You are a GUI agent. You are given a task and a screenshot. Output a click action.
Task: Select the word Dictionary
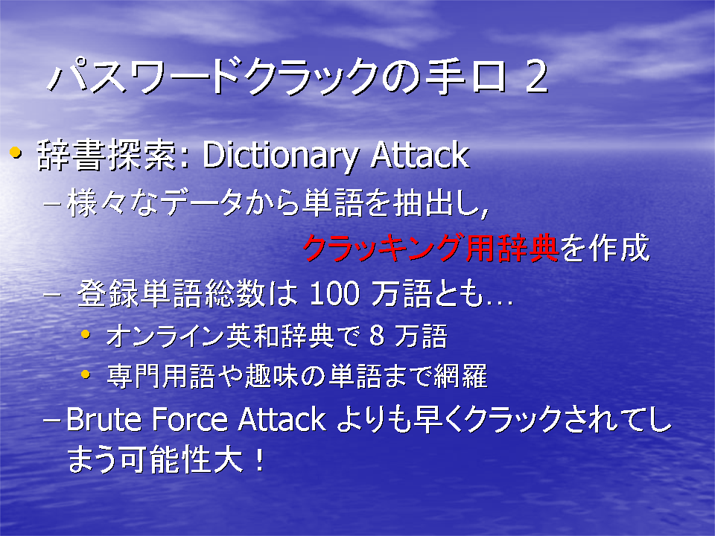tap(280, 156)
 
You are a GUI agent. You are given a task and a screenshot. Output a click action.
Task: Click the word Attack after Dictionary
tap(419, 155)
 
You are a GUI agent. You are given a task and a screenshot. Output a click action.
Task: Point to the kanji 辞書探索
tap(107, 155)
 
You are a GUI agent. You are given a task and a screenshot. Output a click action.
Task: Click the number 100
tap(334, 293)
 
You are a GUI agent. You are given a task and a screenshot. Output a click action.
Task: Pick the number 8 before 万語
tap(376, 336)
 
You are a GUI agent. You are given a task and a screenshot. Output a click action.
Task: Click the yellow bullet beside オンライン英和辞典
tap(85, 334)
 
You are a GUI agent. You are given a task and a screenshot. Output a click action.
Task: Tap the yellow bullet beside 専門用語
tap(85, 374)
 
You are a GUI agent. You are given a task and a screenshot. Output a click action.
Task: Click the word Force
tap(189, 419)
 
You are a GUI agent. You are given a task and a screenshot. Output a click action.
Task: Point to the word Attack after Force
tap(282, 419)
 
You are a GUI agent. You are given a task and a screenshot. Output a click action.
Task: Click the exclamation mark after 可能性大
tap(259, 459)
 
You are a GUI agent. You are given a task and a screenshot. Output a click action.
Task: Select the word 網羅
tap(460, 376)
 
